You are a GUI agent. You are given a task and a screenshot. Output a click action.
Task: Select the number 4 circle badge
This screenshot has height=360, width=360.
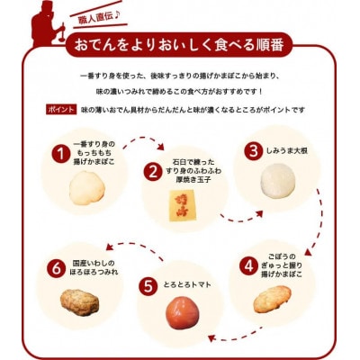tap(247, 265)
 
